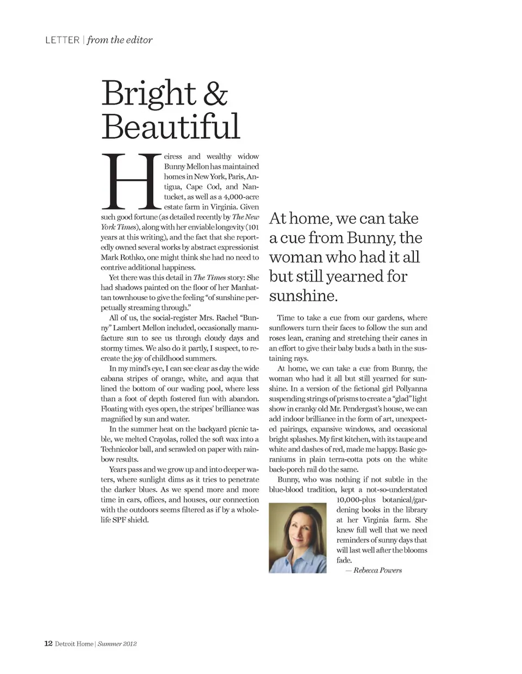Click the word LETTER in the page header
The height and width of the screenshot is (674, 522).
tap(62, 40)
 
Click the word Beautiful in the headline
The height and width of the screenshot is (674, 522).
tap(170, 126)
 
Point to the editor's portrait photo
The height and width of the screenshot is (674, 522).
tap(297, 538)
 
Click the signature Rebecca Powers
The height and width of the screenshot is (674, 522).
tap(377, 570)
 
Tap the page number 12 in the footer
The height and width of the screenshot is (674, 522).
tap(48, 644)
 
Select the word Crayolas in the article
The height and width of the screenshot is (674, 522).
tap(165, 439)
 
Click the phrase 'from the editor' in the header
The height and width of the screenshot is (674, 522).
tap(120, 40)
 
